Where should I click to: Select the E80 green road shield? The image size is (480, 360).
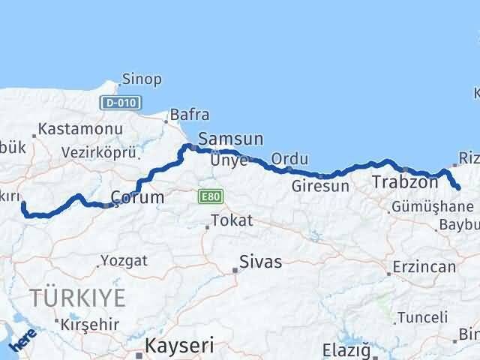209,196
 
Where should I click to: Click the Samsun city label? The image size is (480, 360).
230,139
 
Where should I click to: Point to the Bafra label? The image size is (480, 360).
190,115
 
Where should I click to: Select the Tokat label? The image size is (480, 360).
232,221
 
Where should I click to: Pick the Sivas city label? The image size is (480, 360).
261,262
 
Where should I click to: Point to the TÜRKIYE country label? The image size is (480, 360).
77,297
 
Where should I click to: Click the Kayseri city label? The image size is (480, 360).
179,346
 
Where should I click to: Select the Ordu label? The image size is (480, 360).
289,160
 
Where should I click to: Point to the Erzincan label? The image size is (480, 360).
424,267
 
